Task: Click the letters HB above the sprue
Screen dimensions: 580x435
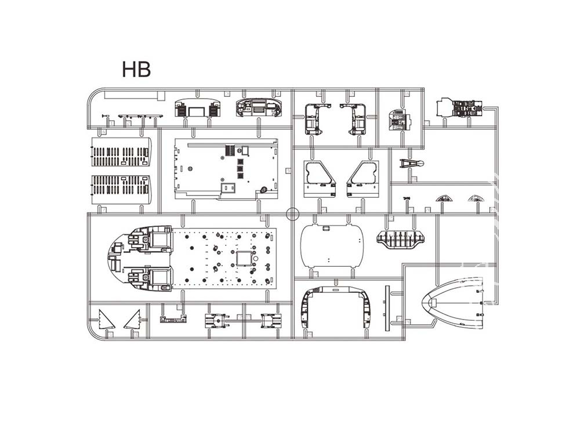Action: [x=136, y=69]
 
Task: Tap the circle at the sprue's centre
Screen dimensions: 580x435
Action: [x=292, y=213]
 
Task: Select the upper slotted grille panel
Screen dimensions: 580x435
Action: [x=121, y=152]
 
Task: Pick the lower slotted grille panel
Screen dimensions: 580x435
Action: [x=121, y=190]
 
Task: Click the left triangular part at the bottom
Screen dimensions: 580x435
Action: [x=106, y=321]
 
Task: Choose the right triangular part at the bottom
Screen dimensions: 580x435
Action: [x=133, y=320]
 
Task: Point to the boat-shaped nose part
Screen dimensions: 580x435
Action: [x=453, y=303]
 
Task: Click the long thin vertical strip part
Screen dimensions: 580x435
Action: [x=387, y=308]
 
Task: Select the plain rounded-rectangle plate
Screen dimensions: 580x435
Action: [x=332, y=246]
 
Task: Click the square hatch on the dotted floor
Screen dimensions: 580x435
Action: [x=244, y=258]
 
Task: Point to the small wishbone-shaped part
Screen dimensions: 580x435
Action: [x=412, y=163]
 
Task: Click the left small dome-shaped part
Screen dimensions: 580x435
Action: [x=444, y=198]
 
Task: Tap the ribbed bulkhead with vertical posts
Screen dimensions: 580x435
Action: [x=401, y=238]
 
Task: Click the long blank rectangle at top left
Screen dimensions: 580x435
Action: [x=135, y=96]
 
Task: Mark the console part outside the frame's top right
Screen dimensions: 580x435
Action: [x=460, y=107]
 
